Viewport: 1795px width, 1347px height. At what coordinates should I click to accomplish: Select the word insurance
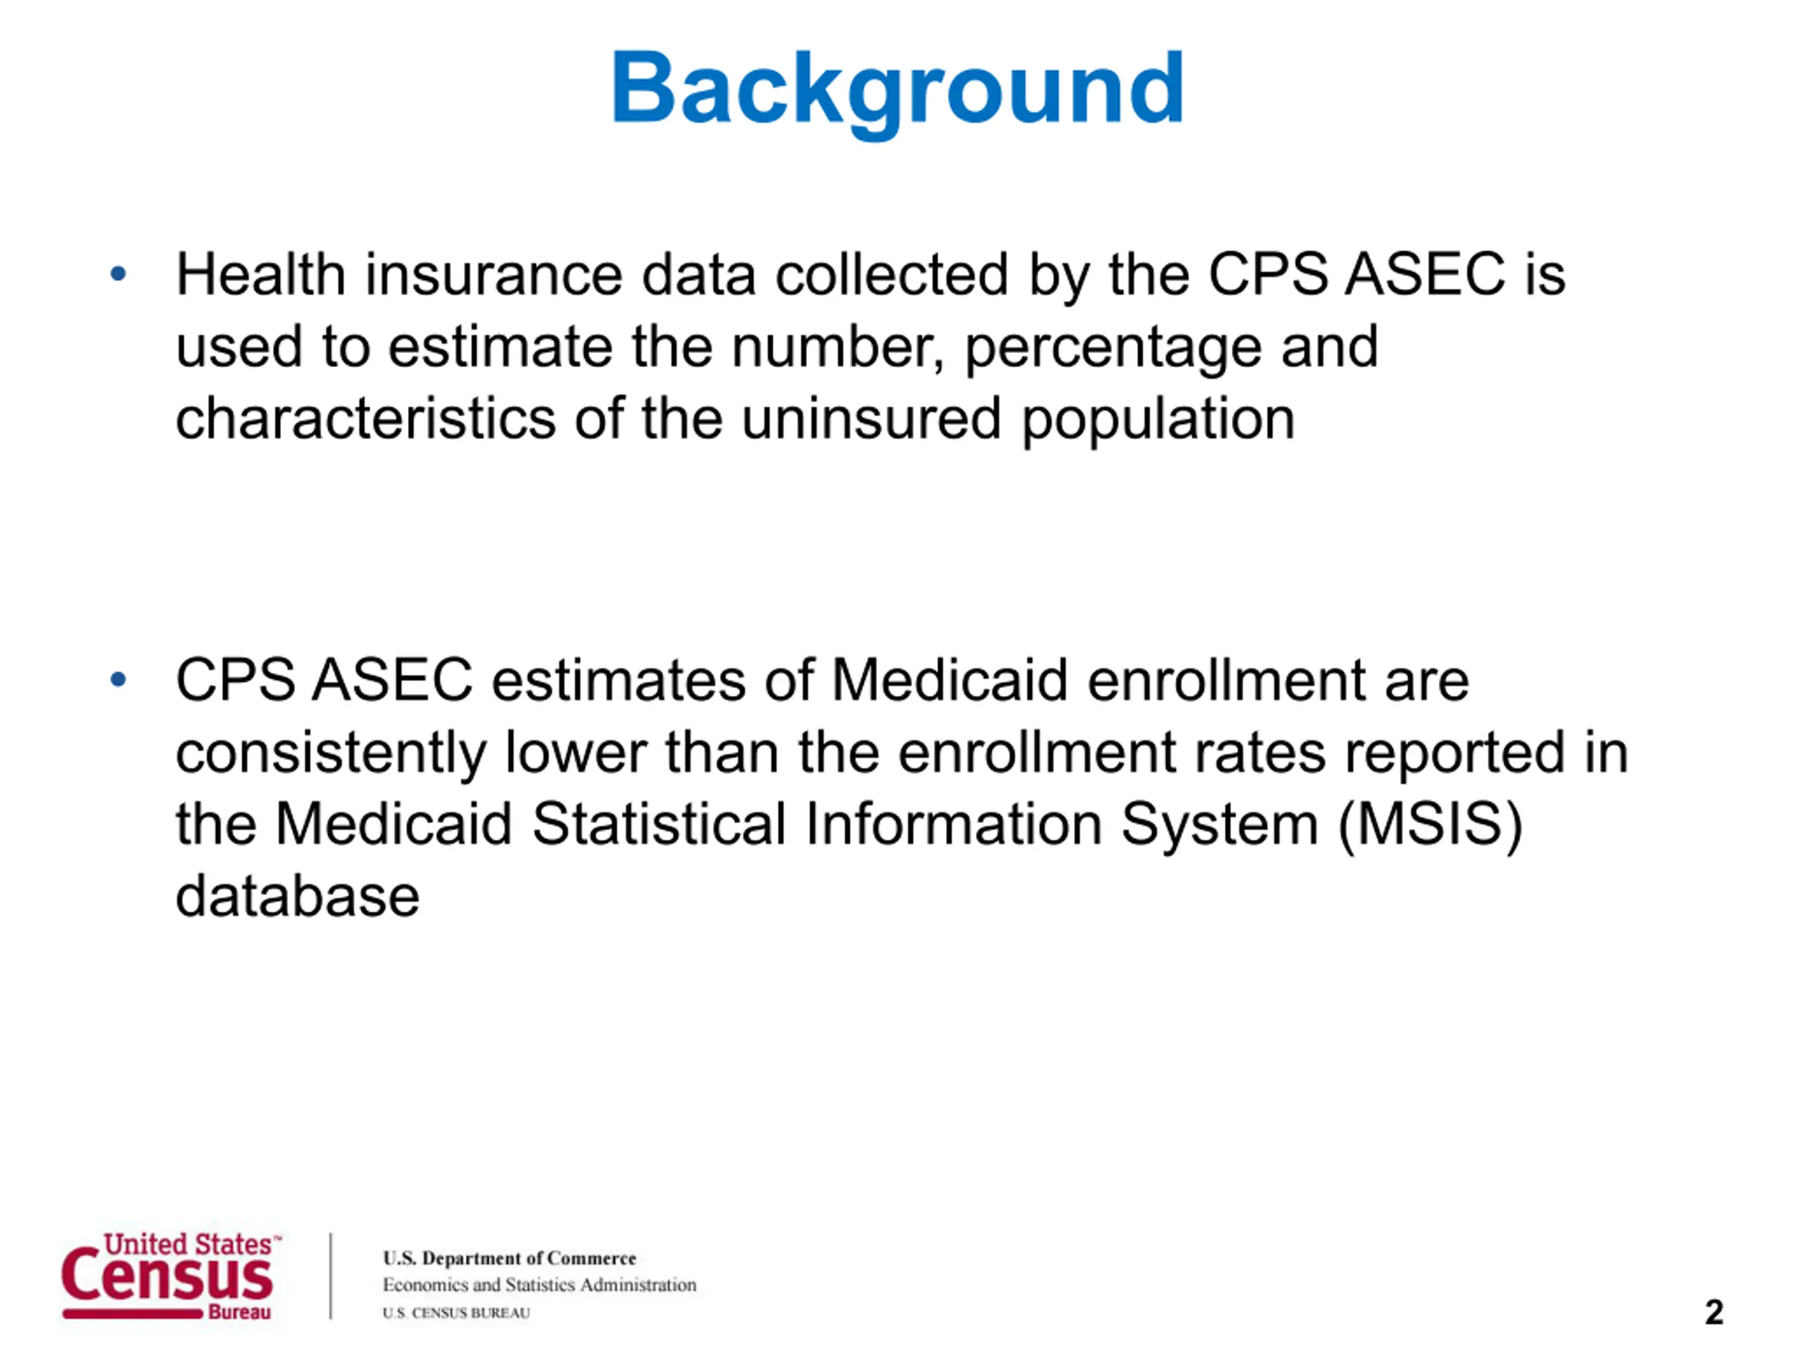click(494, 274)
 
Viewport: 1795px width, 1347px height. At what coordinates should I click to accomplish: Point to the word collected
click(892, 274)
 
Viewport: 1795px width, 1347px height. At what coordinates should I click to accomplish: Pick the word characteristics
click(366, 418)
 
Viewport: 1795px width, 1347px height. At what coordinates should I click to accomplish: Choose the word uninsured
click(871, 418)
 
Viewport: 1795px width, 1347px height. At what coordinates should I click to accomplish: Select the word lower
click(576, 752)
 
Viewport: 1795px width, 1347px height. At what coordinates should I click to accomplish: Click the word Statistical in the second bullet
click(659, 824)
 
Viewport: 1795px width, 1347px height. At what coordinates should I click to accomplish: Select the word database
click(298, 897)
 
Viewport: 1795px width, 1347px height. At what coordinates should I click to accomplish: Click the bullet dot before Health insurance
click(118, 274)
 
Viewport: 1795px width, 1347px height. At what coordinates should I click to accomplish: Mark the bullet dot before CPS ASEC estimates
click(118, 679)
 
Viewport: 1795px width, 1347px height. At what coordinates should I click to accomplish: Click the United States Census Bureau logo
click(170, 1275)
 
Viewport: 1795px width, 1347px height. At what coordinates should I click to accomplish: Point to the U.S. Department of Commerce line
click(510, 1258)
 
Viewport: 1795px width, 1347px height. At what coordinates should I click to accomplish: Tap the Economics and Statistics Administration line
click(540, 1285)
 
